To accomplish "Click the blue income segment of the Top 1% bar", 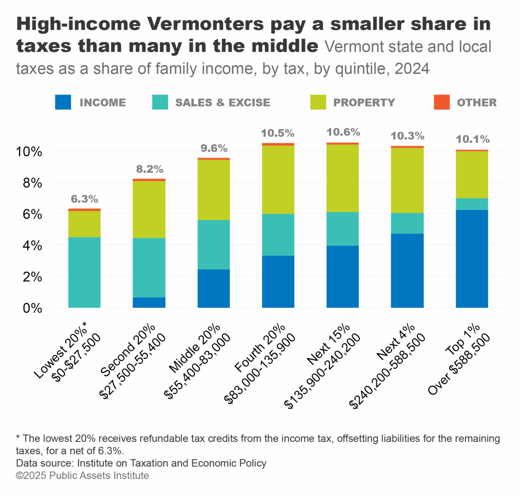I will click(472, 259).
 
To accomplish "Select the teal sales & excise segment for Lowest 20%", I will click(84, 272).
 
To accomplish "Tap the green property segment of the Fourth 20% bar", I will click(278, 179).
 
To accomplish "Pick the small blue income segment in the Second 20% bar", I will click(149, 303).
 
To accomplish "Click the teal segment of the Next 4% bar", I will click(407, 223).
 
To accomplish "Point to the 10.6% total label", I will click(343, 132).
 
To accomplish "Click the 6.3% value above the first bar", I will click(84, 199).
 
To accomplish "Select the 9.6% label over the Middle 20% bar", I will click(214, 148).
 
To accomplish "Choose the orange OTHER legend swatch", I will click(442, 102).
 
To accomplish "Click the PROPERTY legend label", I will click(364, 103).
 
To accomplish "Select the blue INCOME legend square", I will click(63, 102).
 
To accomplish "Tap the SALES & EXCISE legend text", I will click(222, 103).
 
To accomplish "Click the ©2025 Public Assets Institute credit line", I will click(83, 475).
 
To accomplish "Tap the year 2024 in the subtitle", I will click(412, 69).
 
